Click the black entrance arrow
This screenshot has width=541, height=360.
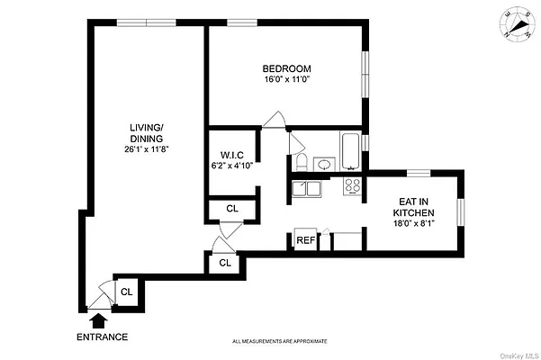point(98,319)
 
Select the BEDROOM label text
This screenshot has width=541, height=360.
point(287,69)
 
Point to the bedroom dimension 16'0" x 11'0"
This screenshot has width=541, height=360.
point(287,80)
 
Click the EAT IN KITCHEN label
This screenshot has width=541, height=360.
point(414,207)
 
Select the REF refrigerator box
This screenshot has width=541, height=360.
point(306,240)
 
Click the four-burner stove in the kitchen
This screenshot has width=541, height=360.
point(354,187)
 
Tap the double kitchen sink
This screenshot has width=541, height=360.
point(306,188)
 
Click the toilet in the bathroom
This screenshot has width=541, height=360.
point(302,161)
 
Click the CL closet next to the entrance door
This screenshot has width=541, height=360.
point(127,291)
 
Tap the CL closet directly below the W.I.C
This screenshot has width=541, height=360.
point(231,208)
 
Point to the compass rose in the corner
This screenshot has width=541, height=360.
point(515,24)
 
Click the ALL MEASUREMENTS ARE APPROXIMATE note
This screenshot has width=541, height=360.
point(280,341)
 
